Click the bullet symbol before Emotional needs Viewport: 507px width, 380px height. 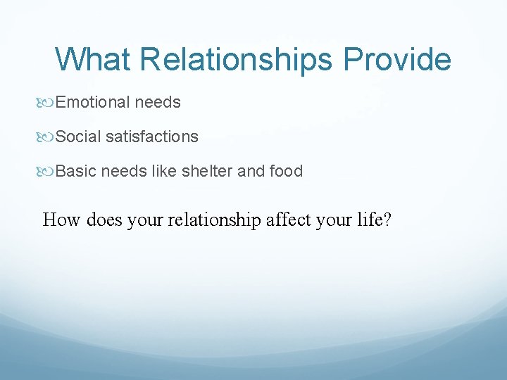click(x=49, y=103)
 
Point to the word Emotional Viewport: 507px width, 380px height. click(x=93, y=103)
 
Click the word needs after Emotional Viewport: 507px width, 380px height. click(x=158, y=103)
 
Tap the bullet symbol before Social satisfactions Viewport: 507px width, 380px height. click(x=49, y=137)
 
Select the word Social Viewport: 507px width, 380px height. click(x=78, y=137)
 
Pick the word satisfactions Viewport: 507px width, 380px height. click(x=152, y=137)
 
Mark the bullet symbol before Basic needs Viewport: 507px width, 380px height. click(x=49, y=171)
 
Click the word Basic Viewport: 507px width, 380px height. click(x=76, y=171)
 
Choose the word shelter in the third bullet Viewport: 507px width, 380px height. click(x=209, y=171)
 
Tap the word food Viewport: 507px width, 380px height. click(x=287, y=171)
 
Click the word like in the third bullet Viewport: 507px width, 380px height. click(x=165, y=171)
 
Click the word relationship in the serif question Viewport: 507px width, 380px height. click(x=213, y=220)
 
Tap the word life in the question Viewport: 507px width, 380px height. click(x=370, y=220)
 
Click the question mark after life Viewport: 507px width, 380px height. click(x=387, y=220)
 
